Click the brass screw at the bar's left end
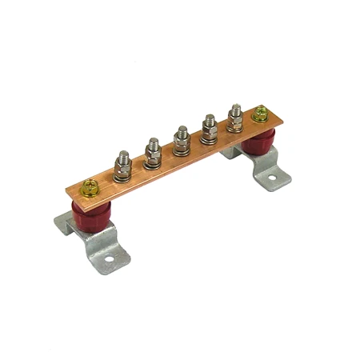89,190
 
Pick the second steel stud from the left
154,152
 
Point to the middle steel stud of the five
182,139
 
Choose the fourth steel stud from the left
209,128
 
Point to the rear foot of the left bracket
63,219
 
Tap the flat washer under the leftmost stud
124,177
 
